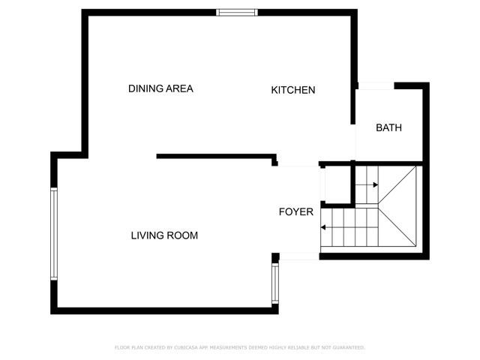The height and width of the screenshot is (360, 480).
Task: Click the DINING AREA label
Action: tap(160, 88)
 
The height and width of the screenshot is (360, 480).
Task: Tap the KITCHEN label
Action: tap(293, 90)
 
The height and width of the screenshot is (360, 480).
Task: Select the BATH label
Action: tap(388, 127)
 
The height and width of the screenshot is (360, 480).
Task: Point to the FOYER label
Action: tap(296, 211)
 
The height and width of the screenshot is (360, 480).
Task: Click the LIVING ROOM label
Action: tap(164, 235)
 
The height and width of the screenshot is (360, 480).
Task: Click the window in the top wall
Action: tap(237, 13)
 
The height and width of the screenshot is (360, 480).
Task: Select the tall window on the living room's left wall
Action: tap(54, 234)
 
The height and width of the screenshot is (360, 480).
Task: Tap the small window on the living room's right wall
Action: tap(275, 283)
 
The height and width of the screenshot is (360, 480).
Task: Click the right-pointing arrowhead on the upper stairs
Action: tap(376, 185)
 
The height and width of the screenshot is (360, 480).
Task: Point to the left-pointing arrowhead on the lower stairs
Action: tap(323, 227)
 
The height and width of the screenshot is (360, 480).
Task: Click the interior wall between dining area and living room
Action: tap(217, 157)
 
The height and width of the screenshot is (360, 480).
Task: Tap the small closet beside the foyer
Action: tap(337, 184)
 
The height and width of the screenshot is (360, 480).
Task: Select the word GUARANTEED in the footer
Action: tap(349, 347)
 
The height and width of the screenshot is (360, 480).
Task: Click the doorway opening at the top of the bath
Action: tap(376, 85)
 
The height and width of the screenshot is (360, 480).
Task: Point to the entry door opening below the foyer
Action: tap(299, 256)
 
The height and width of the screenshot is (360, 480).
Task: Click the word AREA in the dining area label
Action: tap(180, 88)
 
